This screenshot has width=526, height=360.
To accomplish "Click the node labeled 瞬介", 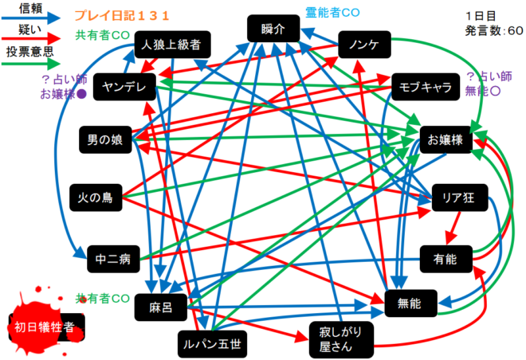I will pos(273,29).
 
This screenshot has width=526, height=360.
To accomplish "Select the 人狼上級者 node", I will pos(171,45).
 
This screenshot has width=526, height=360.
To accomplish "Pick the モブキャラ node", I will pos(426,86).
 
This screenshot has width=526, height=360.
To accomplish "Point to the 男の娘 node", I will pos(105,140).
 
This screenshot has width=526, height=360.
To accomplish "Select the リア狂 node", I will pos(458,198).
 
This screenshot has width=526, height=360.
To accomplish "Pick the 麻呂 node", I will pos(166,306).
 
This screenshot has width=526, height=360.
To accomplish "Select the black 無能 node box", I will pos(411,302).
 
